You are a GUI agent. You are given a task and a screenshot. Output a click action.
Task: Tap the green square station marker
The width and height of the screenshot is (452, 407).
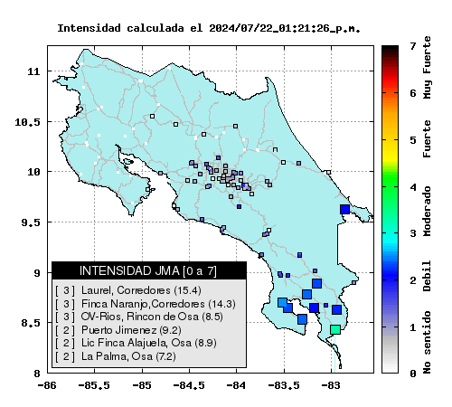pos(335,329)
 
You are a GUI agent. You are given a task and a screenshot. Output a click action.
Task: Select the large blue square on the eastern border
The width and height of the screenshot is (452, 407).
pos(344,209)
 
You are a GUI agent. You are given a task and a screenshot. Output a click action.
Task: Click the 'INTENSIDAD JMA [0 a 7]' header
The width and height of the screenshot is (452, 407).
pos(148,270)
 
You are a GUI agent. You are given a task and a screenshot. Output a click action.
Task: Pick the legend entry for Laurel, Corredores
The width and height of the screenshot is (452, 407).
pos(128,290)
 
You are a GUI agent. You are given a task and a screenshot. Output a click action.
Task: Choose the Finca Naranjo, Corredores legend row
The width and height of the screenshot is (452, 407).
pos(146,304)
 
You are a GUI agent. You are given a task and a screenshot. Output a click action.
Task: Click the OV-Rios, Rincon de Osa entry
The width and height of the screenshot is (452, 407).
pos(139,317)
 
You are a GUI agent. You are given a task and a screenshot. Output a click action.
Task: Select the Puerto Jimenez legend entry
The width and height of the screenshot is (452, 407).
pos(118,330)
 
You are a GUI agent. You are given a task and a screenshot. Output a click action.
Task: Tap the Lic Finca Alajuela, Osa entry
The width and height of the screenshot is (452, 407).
pos(136,343)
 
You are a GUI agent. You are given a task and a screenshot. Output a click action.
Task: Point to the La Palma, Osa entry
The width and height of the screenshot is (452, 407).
pos(116,356)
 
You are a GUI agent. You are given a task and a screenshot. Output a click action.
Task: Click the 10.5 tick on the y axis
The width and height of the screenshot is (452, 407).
pos(27,122)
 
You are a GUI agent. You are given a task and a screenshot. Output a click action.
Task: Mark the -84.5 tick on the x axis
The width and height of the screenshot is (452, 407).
pos(189,385)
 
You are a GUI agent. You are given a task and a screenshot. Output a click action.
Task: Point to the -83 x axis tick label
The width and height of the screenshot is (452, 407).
pos(331,385)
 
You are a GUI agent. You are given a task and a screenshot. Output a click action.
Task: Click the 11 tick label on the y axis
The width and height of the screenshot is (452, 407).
pos(33,71)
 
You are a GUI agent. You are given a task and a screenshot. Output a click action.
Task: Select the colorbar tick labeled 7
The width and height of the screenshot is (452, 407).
pos(413,46)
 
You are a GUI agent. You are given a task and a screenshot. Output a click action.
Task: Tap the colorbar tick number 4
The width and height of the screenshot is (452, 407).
pos(413,187)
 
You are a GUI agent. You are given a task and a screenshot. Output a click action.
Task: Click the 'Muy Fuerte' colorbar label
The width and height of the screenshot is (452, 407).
pos(427,68)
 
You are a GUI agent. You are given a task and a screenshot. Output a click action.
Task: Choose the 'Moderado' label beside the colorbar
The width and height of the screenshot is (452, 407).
pos(427,211)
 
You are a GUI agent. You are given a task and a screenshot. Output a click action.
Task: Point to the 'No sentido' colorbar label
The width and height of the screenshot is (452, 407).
pos(427,343)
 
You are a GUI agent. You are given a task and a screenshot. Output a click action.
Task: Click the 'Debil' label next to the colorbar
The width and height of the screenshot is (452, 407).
pos(427,276)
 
